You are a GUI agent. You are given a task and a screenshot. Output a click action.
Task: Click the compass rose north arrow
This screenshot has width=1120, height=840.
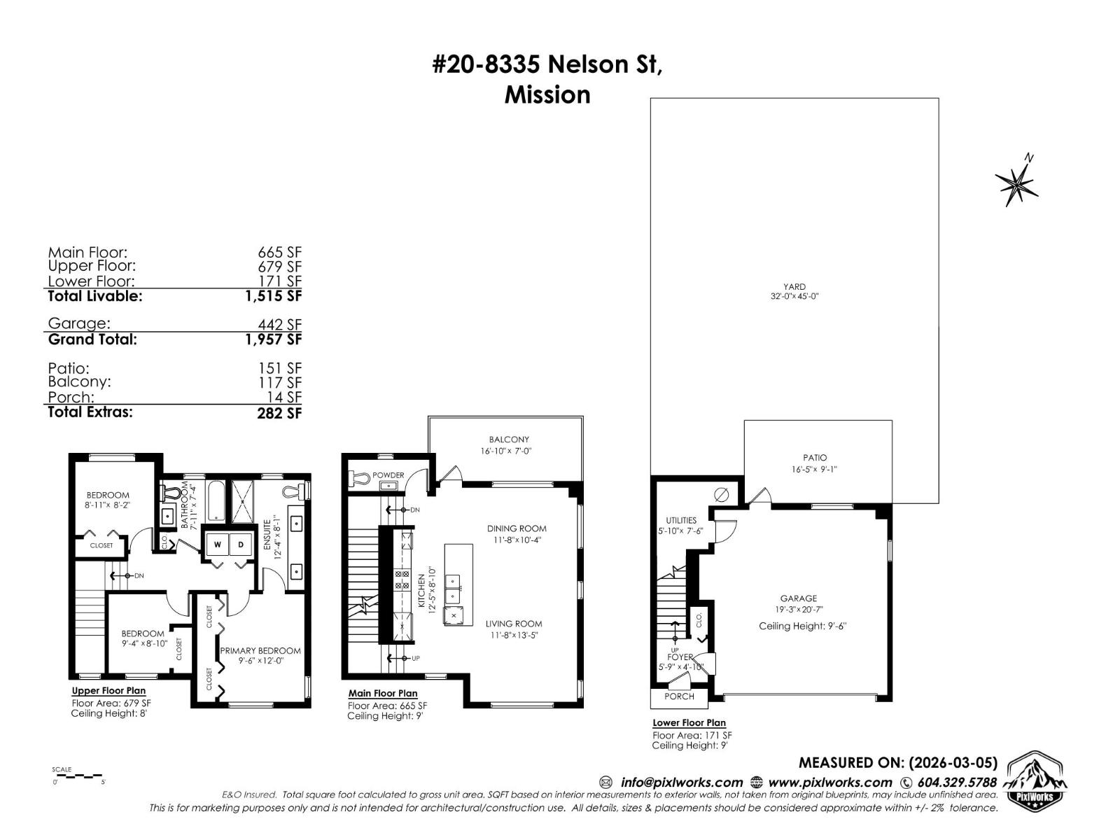click(1017, 181)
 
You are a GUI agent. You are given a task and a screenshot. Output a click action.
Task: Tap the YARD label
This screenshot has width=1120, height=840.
click(794, 286)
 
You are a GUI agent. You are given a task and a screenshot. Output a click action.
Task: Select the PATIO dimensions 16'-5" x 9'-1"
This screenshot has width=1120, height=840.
click(815, 470)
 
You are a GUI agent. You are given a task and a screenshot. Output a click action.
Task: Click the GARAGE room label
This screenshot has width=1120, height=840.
click(799, 598)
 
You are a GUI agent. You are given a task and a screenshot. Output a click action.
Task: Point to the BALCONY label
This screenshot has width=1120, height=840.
click(509, 440)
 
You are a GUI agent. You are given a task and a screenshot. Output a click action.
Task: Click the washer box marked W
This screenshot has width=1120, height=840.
click(218, 545)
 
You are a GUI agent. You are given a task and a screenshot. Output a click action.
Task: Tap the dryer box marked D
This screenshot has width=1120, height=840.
click(241, 545)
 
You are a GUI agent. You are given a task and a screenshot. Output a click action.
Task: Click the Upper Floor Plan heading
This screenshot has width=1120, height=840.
click(108, 691)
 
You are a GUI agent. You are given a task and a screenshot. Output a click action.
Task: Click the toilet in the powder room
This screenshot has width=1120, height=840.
click(359, 478)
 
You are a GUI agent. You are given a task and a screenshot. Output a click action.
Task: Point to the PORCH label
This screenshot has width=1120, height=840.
click(679, 696)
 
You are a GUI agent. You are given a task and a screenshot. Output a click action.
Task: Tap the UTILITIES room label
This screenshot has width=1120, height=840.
click(681, 520)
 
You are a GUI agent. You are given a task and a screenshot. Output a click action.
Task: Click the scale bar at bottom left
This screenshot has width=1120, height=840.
click(78, 776)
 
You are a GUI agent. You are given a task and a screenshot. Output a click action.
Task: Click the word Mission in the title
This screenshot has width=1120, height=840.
click(547, 94)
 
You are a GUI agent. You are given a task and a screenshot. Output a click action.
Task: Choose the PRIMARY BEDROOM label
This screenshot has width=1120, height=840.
click(260, 650)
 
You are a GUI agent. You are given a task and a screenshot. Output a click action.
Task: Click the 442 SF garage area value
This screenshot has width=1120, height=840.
click(279, 325)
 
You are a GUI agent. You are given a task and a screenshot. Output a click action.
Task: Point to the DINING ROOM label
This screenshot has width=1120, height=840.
click(517, 528)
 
